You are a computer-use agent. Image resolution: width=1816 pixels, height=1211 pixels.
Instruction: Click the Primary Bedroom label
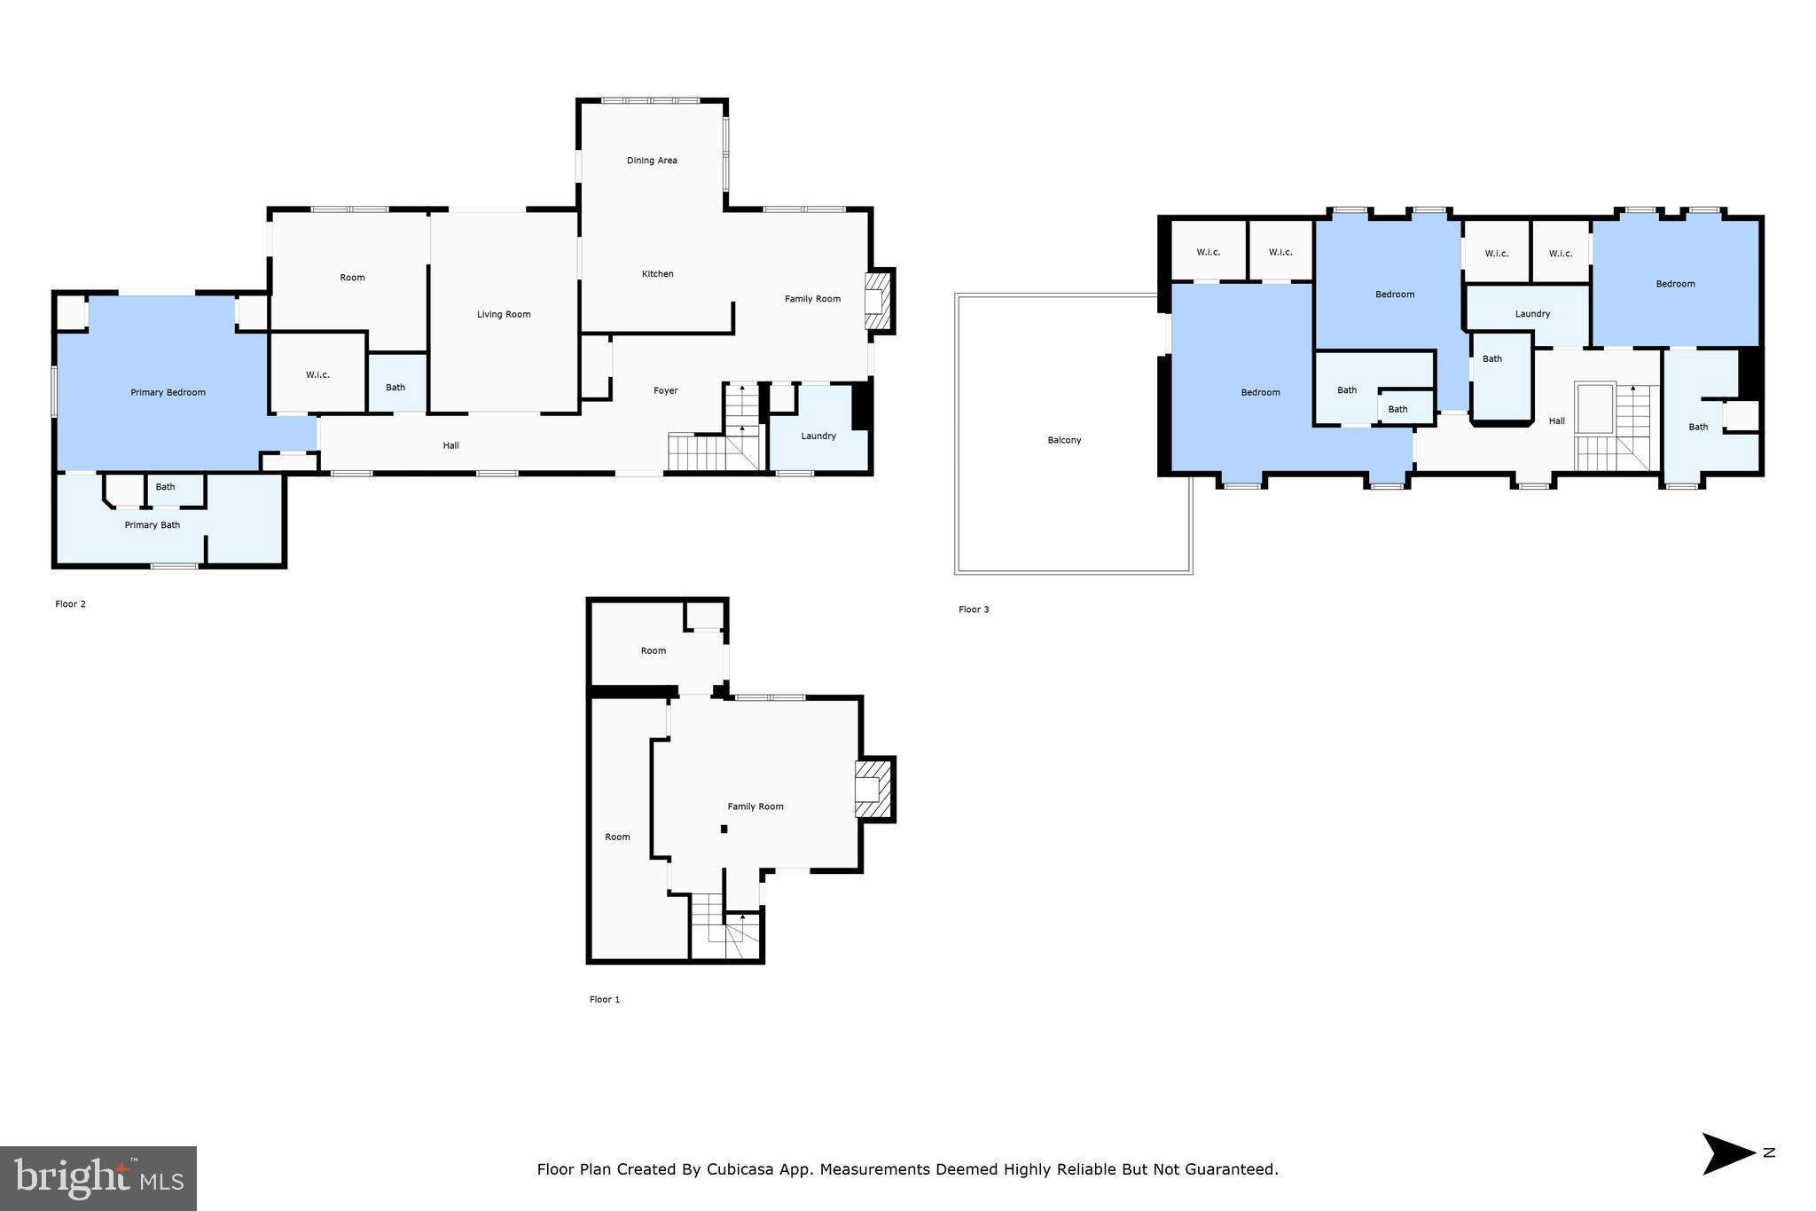click(168, 392)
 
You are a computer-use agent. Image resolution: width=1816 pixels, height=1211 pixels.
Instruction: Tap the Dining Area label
click(652, 161)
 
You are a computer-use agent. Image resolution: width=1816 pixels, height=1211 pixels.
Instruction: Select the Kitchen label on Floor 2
click(657, 274)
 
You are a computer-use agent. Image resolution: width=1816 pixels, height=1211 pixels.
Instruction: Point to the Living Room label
click(504, 314)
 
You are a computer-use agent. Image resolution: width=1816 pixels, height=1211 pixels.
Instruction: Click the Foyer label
click(665, 390)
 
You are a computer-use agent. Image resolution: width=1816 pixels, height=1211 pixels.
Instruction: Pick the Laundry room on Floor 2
click(818, 436)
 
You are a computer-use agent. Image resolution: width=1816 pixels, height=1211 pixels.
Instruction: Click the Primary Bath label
click(153, 525)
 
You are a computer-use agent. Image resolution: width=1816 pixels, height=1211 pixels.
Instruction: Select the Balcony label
click(1064, 440)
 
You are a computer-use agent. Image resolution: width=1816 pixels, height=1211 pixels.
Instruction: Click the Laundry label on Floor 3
click(1532, 314)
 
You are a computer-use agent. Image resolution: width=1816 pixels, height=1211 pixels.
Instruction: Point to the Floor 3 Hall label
click(1556, 421)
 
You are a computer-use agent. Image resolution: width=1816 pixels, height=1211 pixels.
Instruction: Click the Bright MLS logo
click(98, 1177)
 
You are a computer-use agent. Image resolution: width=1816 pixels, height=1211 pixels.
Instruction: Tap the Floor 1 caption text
click(605, 999)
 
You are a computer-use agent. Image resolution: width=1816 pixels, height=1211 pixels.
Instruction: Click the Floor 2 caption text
click(71, 604)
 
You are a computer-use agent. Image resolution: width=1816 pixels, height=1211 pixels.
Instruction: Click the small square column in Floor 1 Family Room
click(724, 829)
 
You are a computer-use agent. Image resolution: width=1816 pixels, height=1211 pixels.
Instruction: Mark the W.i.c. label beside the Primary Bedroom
click(317, 374)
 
